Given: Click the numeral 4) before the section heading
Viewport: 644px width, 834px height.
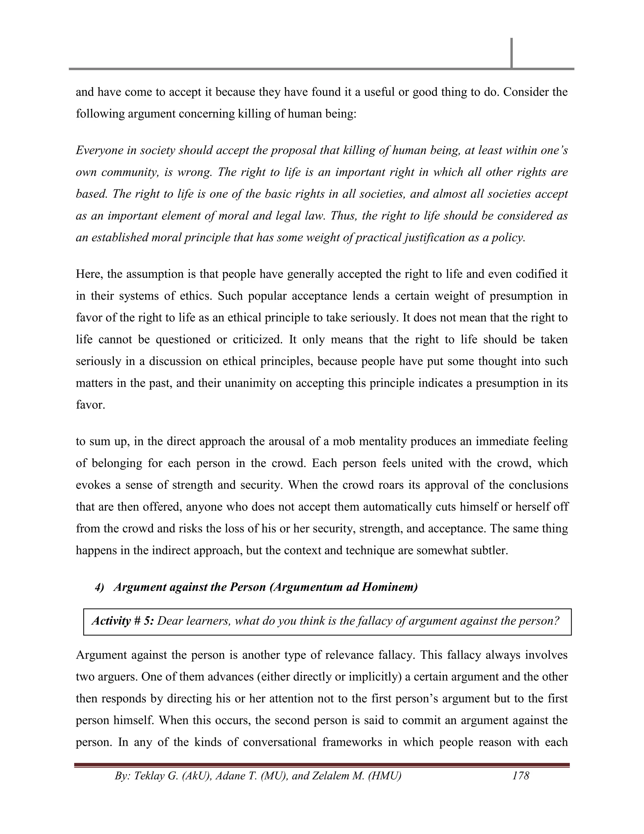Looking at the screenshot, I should point(100,587).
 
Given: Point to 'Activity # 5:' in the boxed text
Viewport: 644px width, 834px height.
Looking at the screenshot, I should point(122,621).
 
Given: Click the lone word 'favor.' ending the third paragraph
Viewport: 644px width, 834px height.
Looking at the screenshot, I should point(91,405).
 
